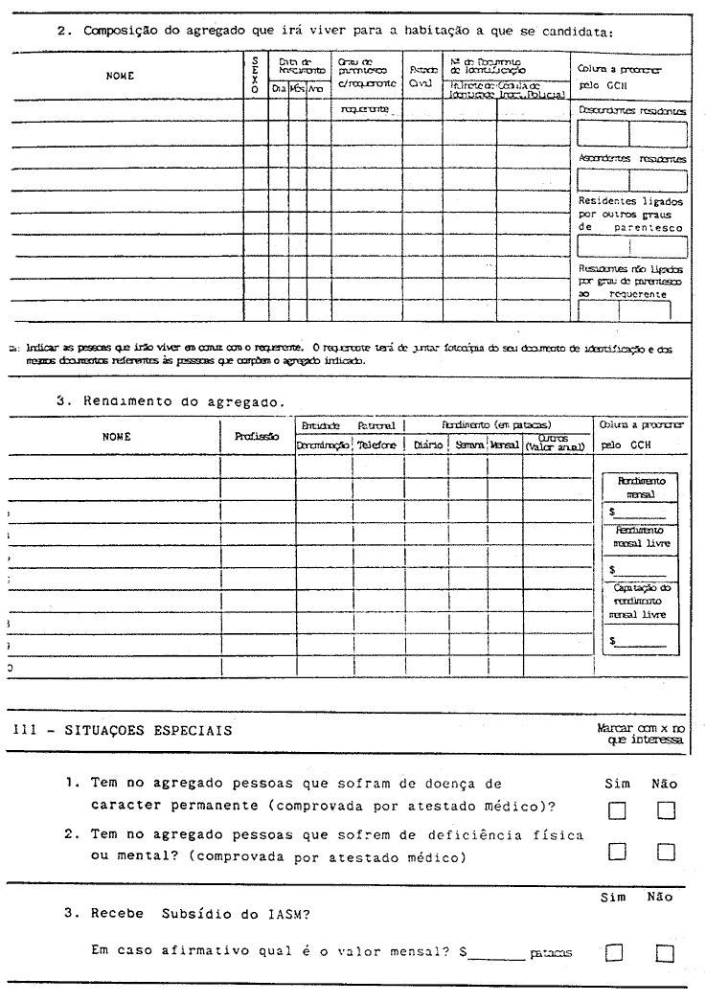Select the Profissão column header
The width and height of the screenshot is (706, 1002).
point(257,436)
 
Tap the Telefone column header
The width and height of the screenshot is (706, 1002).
point(376,444)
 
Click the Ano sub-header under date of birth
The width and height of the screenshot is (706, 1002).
point(316,88)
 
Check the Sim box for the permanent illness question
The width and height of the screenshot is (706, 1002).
point(617,811)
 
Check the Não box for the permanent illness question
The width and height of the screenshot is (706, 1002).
point(666,811)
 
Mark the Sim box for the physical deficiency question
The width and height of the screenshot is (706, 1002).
point(617,851)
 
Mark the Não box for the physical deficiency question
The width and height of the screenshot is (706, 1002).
point(666,851)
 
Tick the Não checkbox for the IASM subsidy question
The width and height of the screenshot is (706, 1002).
point(666,952)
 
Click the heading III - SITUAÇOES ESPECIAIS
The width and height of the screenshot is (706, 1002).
point(122,730)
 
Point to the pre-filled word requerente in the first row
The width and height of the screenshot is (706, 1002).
point(369,110)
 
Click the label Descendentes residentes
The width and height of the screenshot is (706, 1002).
point(633,111)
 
